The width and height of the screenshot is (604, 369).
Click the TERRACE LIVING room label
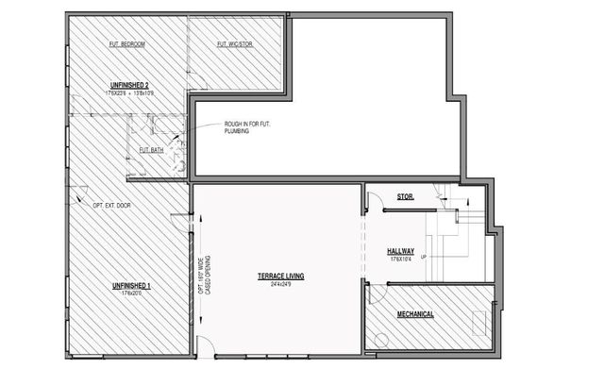(x=280, y=276)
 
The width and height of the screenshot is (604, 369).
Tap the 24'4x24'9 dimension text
(x=280, y=283)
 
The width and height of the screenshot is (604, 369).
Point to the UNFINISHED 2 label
(x=128, y=86)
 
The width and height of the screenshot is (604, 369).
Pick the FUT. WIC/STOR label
(x=235, y=43)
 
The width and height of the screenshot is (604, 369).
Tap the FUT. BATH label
(x=152, y=149)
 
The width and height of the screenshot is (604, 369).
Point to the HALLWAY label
(x=401, y=250)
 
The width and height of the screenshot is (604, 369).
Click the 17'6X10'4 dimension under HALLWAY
(x=401, y=259)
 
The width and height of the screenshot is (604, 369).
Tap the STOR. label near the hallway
(x=406, y=197)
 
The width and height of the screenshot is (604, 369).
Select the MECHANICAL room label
(x=415, y=313)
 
